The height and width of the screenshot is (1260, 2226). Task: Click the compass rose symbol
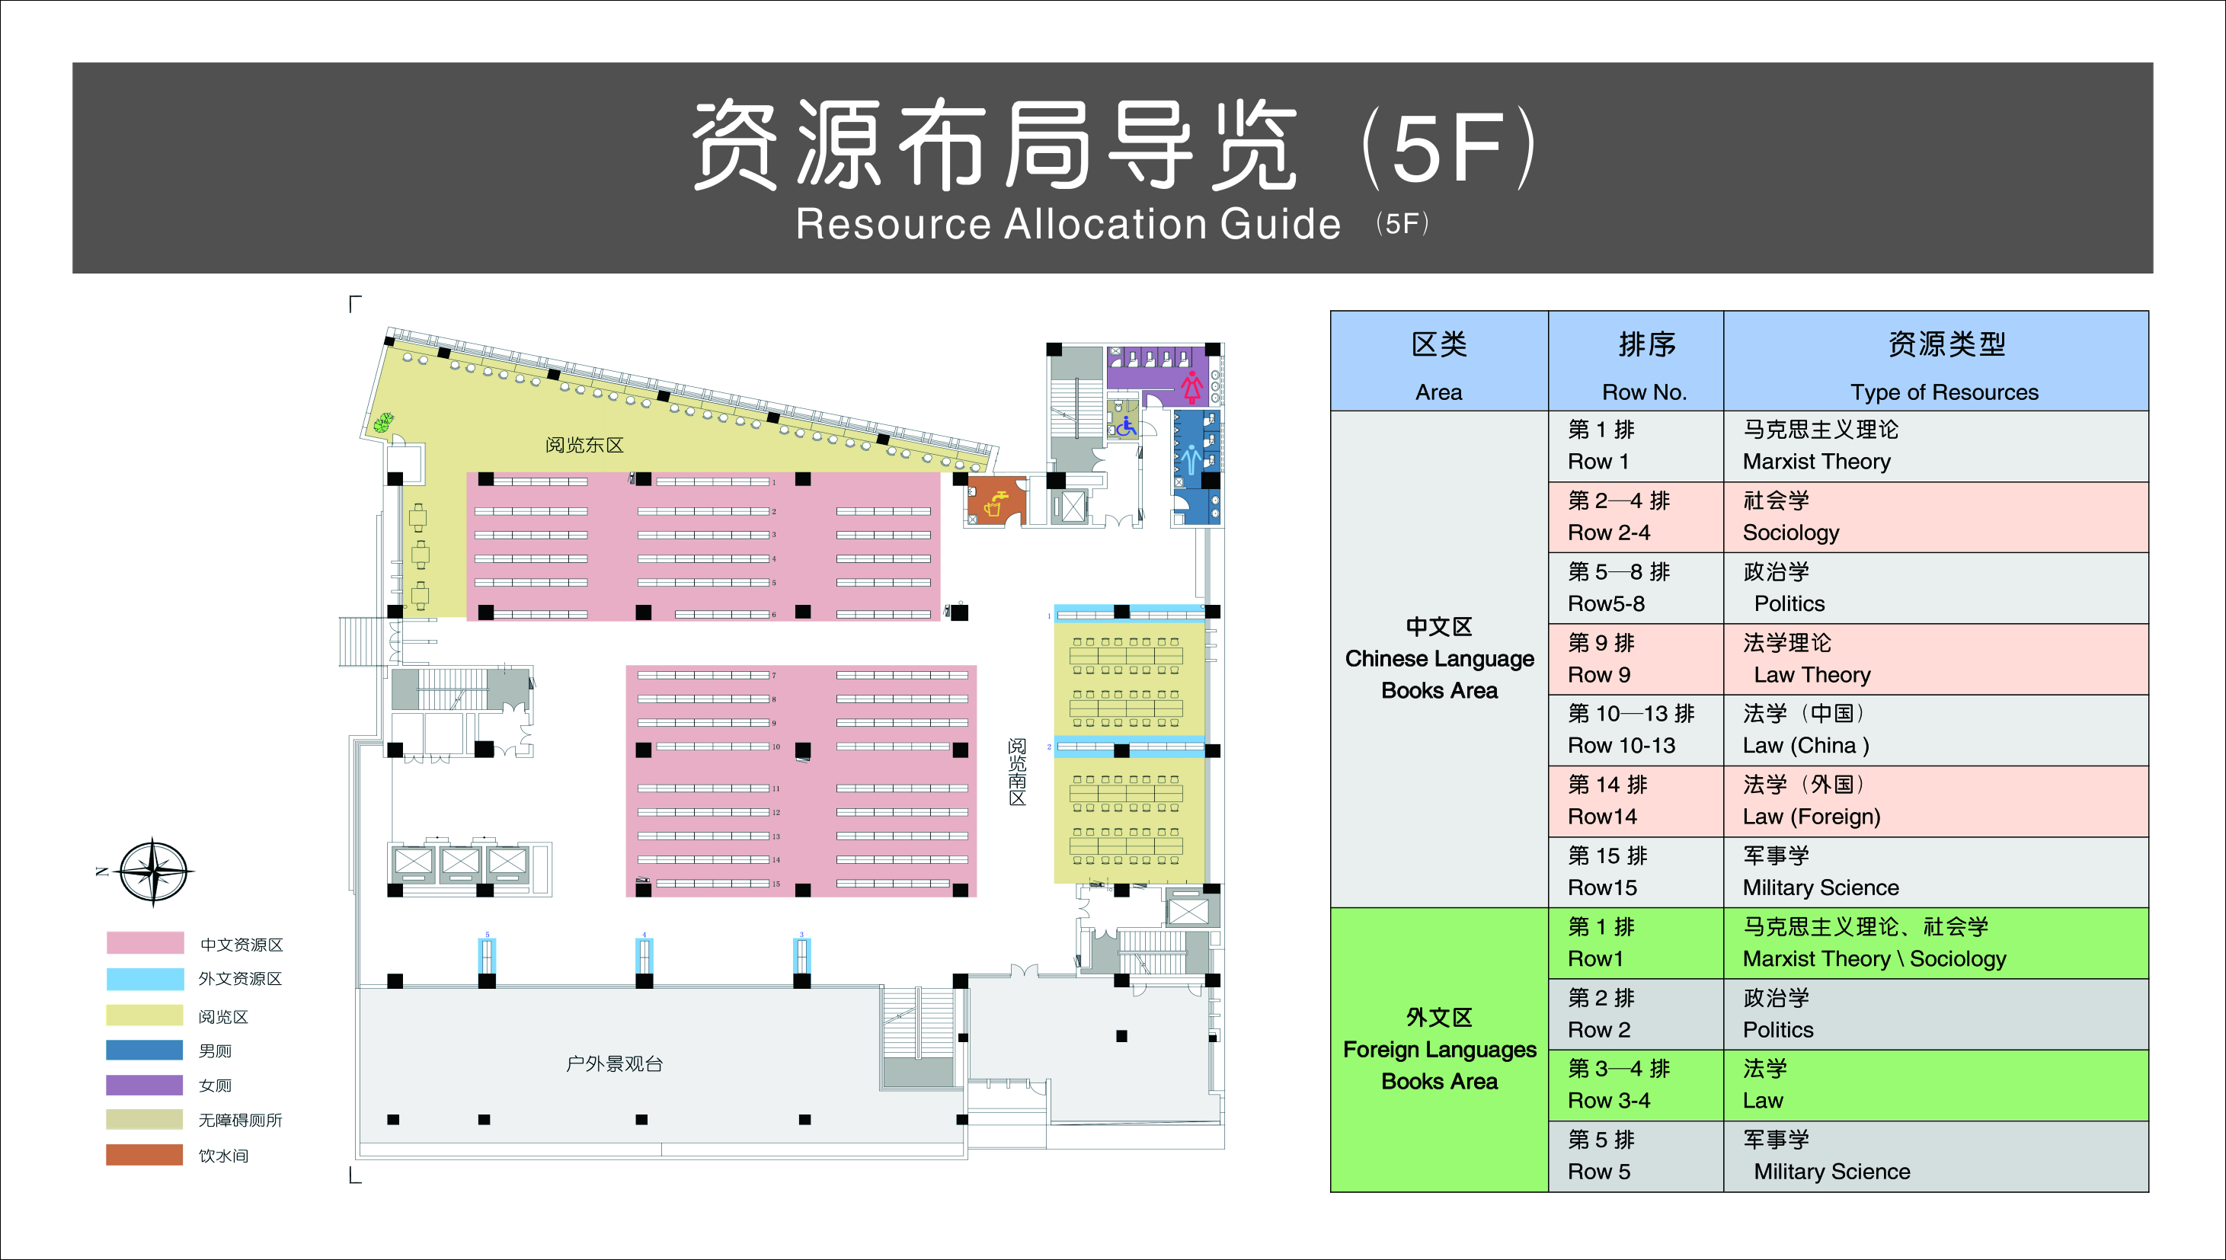[153, 871]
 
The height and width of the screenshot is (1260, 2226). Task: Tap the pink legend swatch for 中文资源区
[145, 943]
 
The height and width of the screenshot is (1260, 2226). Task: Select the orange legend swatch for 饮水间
[145, 1154]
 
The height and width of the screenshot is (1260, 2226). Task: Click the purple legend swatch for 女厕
[145, 1084]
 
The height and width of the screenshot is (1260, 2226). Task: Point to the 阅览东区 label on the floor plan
[584, 445]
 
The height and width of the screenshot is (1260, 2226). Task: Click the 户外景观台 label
[614, 1063]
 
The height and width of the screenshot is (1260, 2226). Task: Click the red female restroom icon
[1192, 386]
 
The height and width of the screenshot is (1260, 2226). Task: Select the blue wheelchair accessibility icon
[1124, 426]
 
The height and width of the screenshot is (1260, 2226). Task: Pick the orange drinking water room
[996, 501]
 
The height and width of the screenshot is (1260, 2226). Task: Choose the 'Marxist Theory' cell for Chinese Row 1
[1934, 446]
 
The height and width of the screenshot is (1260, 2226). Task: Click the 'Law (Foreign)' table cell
[1934, 801]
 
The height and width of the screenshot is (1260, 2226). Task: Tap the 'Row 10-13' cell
[1635, 730]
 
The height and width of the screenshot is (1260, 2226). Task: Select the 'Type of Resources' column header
[1935, 361]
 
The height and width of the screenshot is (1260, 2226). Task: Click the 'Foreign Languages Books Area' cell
[1439, 1049]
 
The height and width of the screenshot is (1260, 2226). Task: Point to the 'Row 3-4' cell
[1635, 1084]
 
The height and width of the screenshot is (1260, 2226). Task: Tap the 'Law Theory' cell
[1934, 658]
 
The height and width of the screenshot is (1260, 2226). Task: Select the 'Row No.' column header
[1635, 361]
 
